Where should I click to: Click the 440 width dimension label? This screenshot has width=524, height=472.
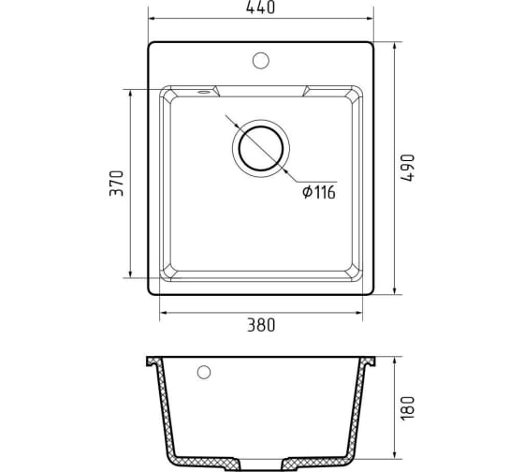(261, 7)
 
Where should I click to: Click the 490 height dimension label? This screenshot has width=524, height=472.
(407, 168)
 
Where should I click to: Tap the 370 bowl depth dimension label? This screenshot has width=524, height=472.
(117, 184)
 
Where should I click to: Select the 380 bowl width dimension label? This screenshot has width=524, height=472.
(261, 325)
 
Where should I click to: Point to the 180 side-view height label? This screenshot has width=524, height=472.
(407, 408)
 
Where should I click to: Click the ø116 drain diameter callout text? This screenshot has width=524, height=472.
(319, 192)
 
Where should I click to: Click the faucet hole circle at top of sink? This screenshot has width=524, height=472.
(261, 61)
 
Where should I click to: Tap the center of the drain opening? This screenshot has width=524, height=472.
(261, 148)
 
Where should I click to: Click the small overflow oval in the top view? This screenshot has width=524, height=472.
(203, 92)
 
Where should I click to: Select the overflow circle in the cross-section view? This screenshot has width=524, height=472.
(204, 373)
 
